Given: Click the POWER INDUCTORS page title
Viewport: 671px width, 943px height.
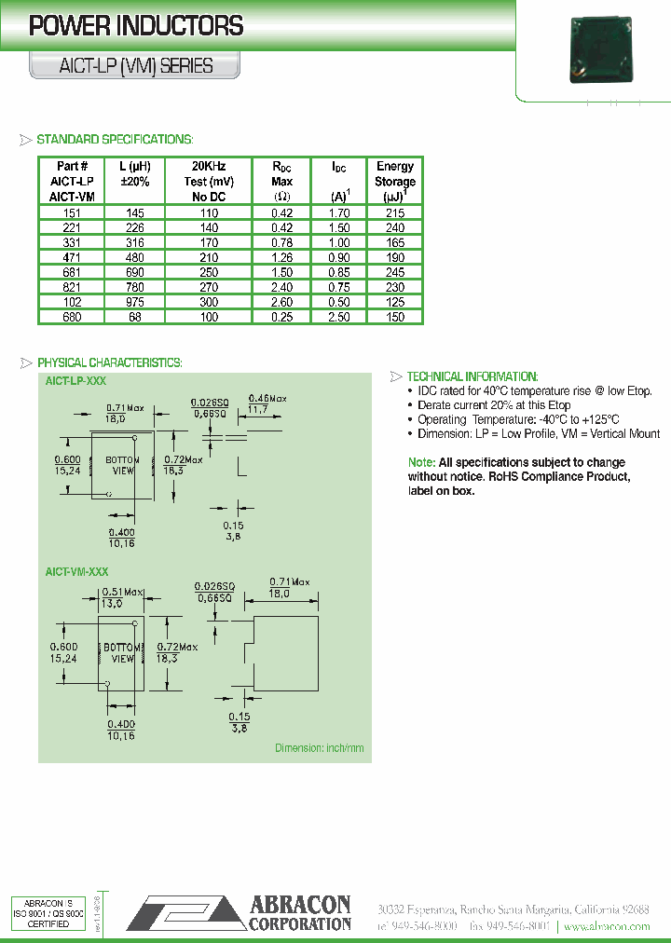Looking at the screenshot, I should pos(136,26).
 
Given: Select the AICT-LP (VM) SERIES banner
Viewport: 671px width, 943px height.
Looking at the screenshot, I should pos(136,66).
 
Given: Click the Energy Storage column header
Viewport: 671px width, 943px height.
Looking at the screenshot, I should pos(395,181).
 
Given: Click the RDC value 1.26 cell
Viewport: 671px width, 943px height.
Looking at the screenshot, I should pos(281,257).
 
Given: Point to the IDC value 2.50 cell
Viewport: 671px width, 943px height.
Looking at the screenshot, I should pos(339,317).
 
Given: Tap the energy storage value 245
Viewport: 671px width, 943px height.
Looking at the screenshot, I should pos(395,272).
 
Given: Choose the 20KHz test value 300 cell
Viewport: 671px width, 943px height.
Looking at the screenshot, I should pos(209,302).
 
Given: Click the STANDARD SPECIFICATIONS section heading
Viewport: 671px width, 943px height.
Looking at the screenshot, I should pos(114,139).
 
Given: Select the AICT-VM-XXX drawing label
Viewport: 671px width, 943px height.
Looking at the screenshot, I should pos(77,571).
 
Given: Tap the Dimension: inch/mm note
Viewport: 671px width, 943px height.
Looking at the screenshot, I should pos(319,748).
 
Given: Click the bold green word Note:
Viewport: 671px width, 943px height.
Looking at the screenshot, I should pos(421,463).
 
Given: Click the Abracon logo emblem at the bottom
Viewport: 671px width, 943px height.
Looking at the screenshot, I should pos(185,911).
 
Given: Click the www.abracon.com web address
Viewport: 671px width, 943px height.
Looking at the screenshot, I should pos(607,926).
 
